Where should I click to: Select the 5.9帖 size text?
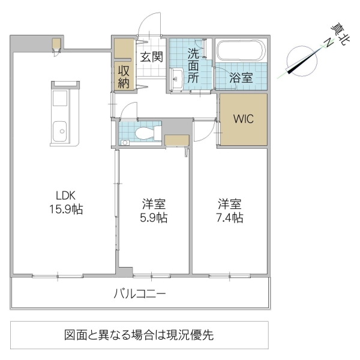(154, 218)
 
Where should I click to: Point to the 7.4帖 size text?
(230, 218)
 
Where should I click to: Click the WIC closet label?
(243, 118)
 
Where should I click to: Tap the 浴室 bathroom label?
(242, 77)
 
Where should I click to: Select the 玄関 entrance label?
(152, 58)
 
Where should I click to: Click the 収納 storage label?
(124, 76)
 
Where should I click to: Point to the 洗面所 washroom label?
(193, 65)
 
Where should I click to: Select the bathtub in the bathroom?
(239, 51)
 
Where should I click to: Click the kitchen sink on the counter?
(61, 131)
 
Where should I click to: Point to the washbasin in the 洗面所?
(177, 77)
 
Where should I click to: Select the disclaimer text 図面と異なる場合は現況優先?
(139, 335)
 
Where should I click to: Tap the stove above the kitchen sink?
(61, 99)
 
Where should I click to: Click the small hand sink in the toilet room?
(125, 142)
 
